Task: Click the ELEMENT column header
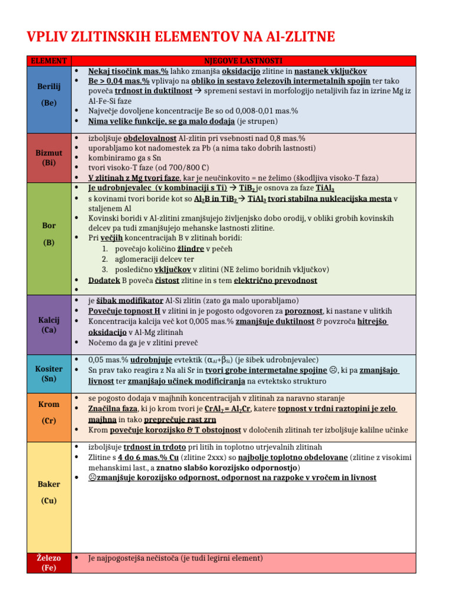(x=49, y=61)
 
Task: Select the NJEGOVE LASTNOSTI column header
(x=243, y=61)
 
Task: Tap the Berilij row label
(x=49, y=86)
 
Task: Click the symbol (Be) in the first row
(x=49, y=103)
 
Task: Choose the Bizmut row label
(x=49, y=153)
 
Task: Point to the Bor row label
(x=49, y=226)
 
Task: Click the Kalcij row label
(x=49, y=320)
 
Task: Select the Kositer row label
(x=49, y=368)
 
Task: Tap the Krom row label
(x=49, y=405)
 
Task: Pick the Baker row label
(x=49, y=484)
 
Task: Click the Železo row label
(x=49, y=558)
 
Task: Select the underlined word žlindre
(x=191, y=248)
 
